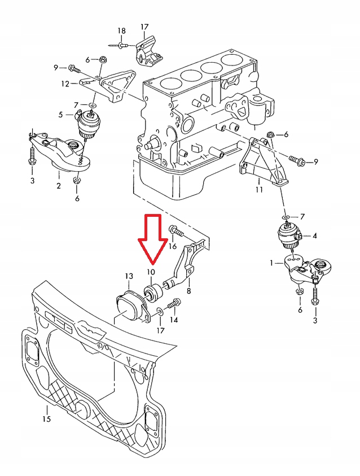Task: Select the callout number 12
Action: (x=66, y=84)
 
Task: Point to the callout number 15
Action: (x=46, y=419)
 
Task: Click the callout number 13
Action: (x=129, y=276)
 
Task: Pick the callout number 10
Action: (x=150, y=273)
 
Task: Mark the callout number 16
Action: (x=173, y=246)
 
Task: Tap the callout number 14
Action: (x=174, y=320)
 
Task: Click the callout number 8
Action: (x=188, y=291)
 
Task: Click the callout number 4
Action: (x=314, y=235)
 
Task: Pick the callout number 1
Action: (x=273, y=263)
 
